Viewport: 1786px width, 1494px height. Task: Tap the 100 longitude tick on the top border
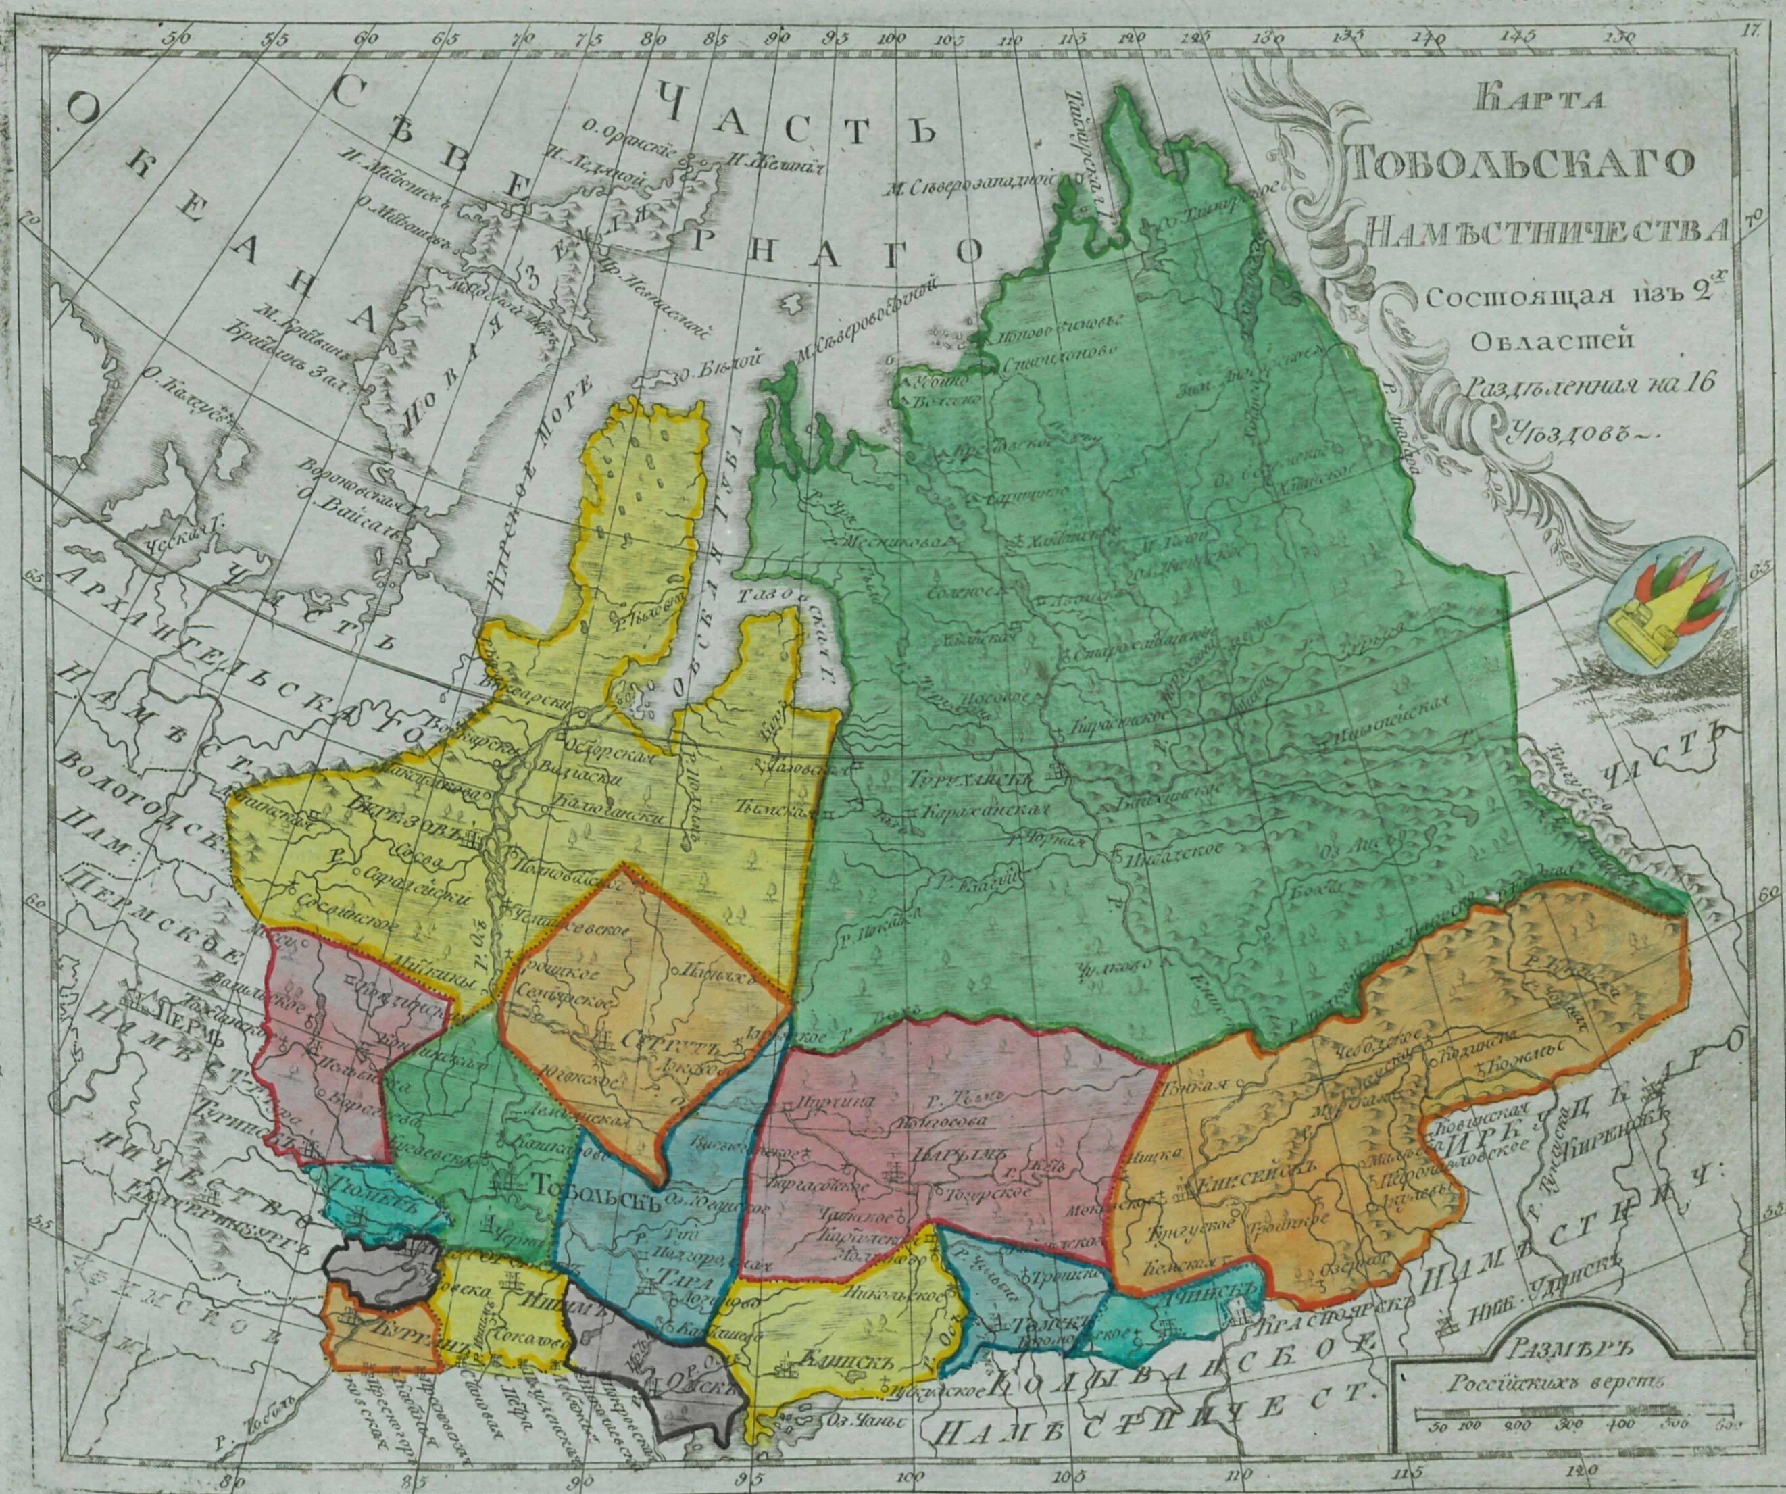(x=891, y=40)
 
